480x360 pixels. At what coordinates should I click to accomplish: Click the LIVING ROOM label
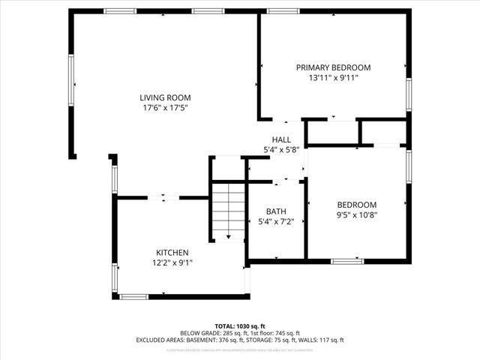(165, 97)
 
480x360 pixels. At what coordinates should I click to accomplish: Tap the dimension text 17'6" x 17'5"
(165, 108)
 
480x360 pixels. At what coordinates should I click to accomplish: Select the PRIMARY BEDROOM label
(333, 67)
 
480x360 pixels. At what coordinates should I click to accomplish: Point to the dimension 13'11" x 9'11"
(333, 78)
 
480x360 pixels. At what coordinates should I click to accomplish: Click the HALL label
(281, 139)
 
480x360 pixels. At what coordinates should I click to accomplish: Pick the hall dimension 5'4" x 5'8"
(281, 150)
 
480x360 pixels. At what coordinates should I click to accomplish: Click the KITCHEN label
(172, 253)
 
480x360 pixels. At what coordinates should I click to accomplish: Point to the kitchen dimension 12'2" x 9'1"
(172, 263)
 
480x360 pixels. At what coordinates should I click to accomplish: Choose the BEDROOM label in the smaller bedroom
(356, 205)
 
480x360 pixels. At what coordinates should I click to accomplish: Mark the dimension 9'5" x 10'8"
(356, 215)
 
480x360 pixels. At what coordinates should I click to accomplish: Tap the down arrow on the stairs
(229, 235)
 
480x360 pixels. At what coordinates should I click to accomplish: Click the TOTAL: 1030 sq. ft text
(240, 326)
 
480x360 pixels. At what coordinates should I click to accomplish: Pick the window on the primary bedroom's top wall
(280, 11)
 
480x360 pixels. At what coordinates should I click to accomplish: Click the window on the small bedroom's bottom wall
(347, 261)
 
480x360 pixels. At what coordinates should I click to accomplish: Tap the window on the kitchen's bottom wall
(133, 297)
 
